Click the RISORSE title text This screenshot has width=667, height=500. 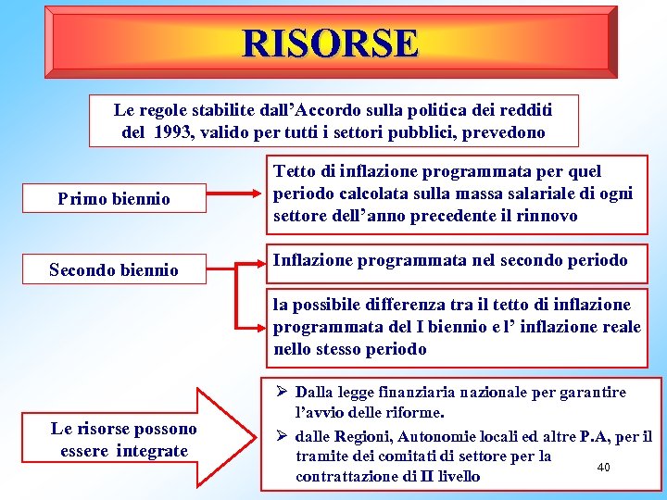point(331,43)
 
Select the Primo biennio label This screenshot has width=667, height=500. point(114,198)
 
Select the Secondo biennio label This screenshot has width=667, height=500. point(113,269)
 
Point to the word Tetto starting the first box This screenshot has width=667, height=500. point(295,171)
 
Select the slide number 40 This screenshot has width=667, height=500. point(603,467)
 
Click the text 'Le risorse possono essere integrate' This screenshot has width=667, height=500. point(124,440)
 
